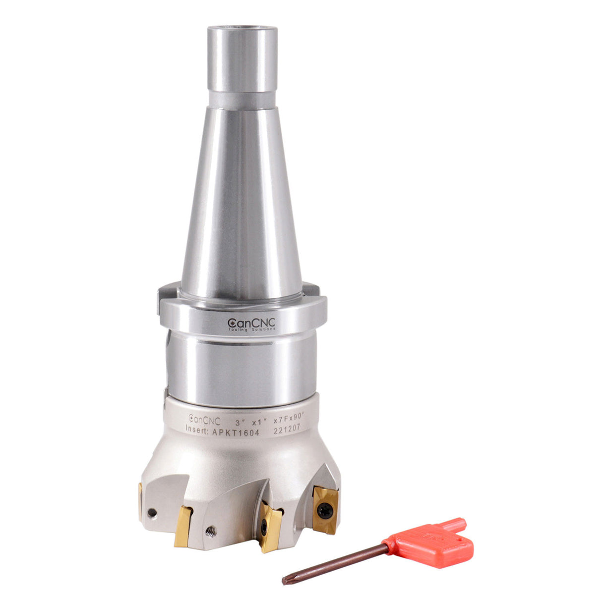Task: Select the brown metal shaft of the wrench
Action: click(337, 561)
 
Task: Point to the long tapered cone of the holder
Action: click(241, 198)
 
